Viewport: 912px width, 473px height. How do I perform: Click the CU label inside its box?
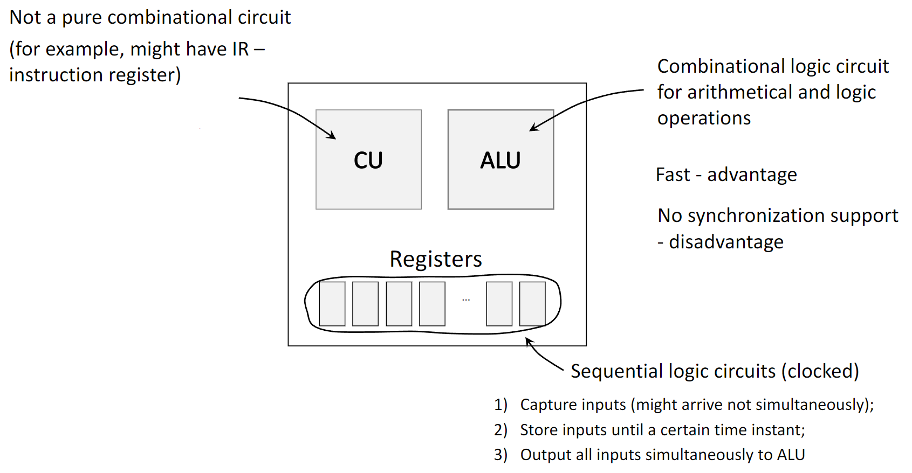click(x=368, y=160)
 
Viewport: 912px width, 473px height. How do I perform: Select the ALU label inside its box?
click(x=500, y=160)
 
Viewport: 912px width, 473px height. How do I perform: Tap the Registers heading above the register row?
click(x=436, y=259)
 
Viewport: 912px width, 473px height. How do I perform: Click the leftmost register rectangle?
click(x=332, y=304)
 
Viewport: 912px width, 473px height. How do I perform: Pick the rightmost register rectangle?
click(x=532, y=304)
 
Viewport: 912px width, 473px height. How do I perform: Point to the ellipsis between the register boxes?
click(x=466, y=300)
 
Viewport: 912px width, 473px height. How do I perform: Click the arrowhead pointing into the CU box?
click(x=333, y=137)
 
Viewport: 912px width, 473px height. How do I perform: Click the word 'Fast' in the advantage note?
click(x=673, y=175)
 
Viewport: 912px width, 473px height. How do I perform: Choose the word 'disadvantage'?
click(x=726, y=242)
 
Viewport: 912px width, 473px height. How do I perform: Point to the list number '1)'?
click(x=500, y=405)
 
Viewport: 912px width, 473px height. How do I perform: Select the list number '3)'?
click(x=500, y=455)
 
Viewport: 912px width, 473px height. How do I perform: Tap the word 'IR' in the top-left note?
click(x=240, y=49)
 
